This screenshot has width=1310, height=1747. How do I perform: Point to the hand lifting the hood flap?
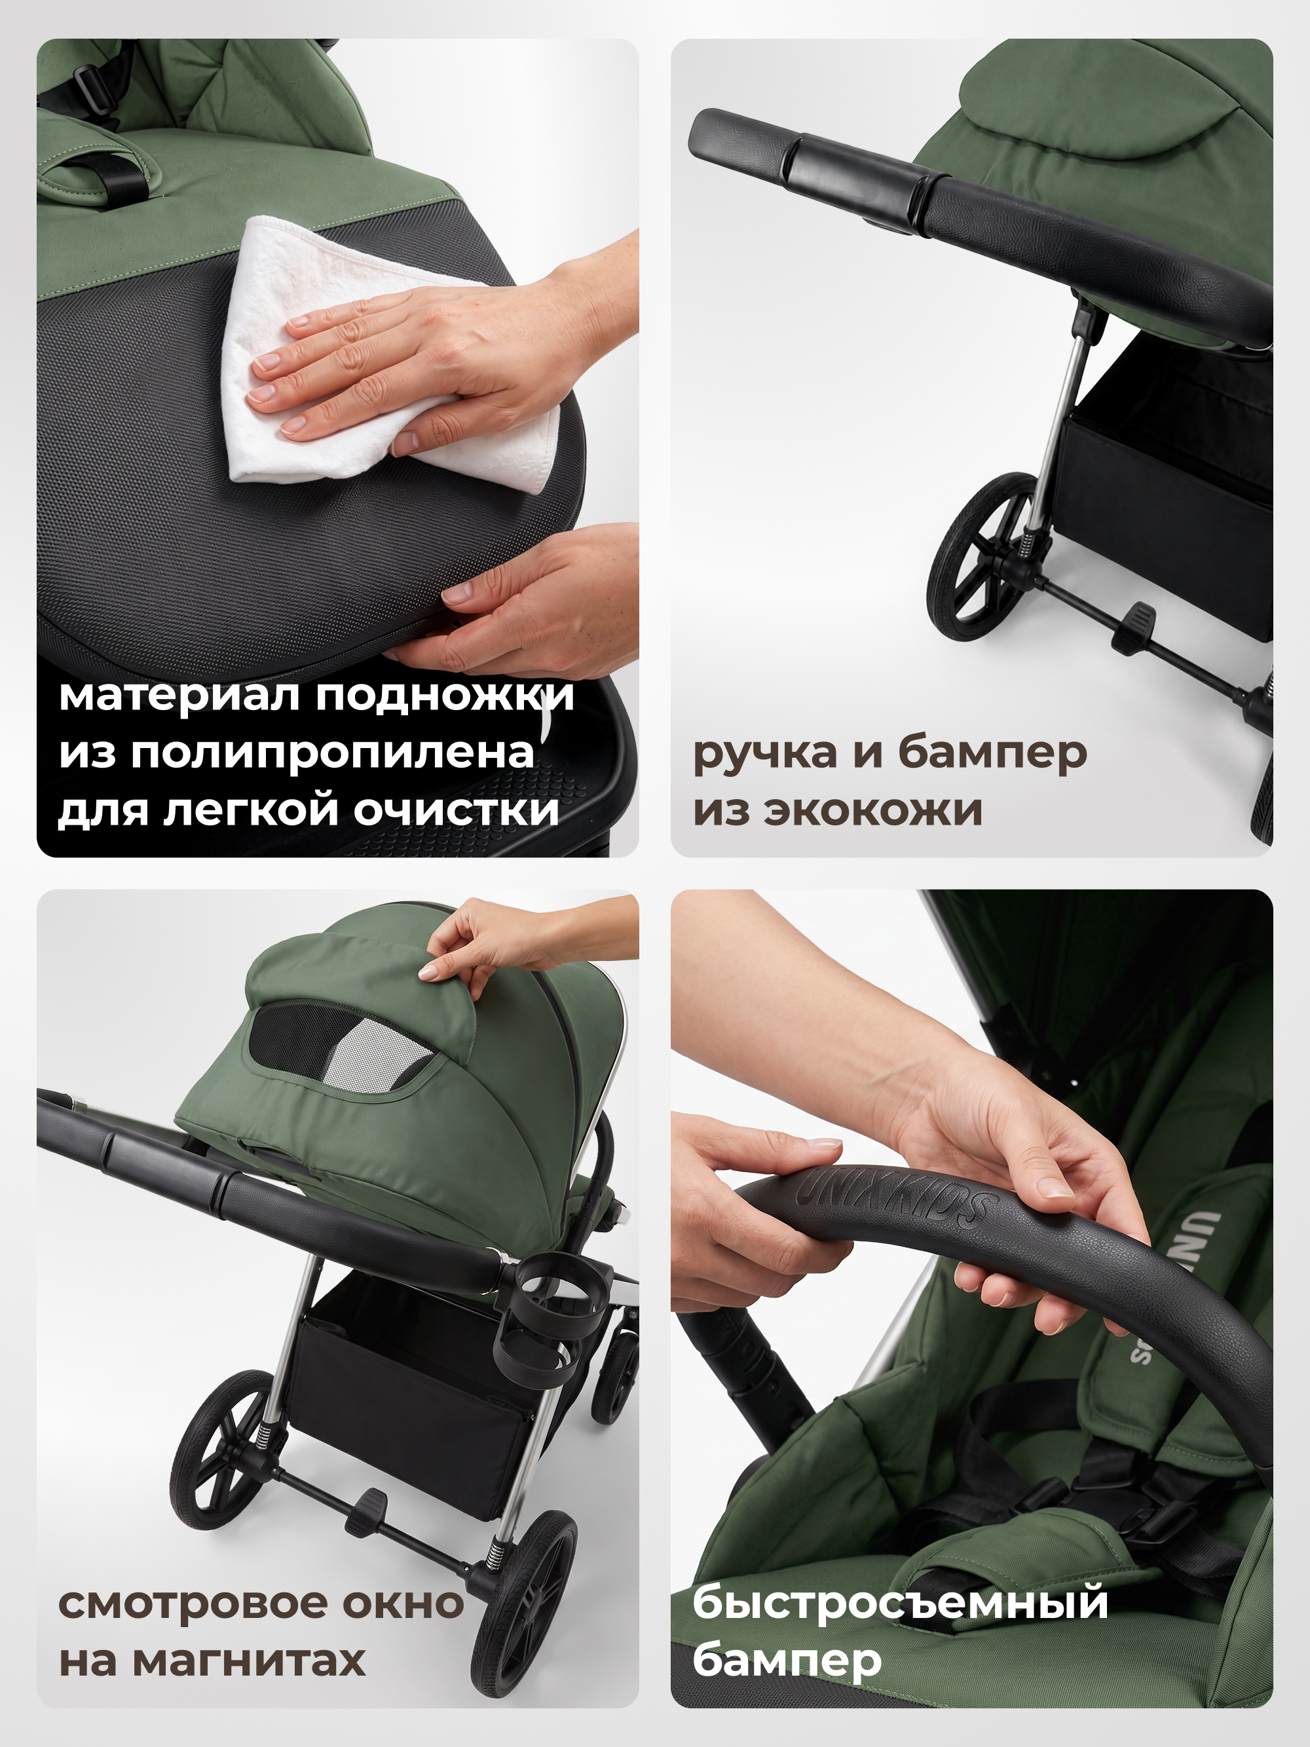coord(514,940)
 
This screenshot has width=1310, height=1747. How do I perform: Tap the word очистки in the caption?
coord(456,810)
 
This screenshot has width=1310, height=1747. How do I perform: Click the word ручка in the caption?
coord(764,754)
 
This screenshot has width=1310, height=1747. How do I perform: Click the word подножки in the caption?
coord(445,696)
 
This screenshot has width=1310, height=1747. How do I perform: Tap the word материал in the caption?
coord(180,696)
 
